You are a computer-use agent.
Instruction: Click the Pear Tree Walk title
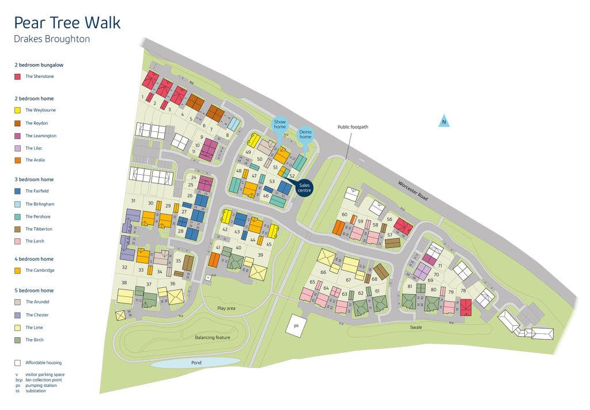point(67,23)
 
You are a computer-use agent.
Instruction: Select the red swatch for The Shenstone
point(17,77)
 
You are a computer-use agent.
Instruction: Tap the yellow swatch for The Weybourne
point(17,110)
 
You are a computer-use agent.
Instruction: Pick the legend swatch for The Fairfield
point(17,191)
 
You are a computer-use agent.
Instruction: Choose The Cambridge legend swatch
point(17,270)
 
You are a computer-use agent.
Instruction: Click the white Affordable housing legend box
point(17,363)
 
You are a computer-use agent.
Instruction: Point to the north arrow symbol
point(444,121)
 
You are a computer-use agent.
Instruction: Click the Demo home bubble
point(305,134)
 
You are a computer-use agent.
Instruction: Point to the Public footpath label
point(353,127)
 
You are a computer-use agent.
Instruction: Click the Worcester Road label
point(413,190)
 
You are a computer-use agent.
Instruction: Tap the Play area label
point(226,309)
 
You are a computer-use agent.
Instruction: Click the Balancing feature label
point(212,337)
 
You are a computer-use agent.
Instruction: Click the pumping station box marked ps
point(296,325)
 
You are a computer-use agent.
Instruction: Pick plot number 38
point(124,283)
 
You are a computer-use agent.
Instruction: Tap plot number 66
point(323,272)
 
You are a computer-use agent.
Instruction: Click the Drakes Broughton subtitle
point(52,40)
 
